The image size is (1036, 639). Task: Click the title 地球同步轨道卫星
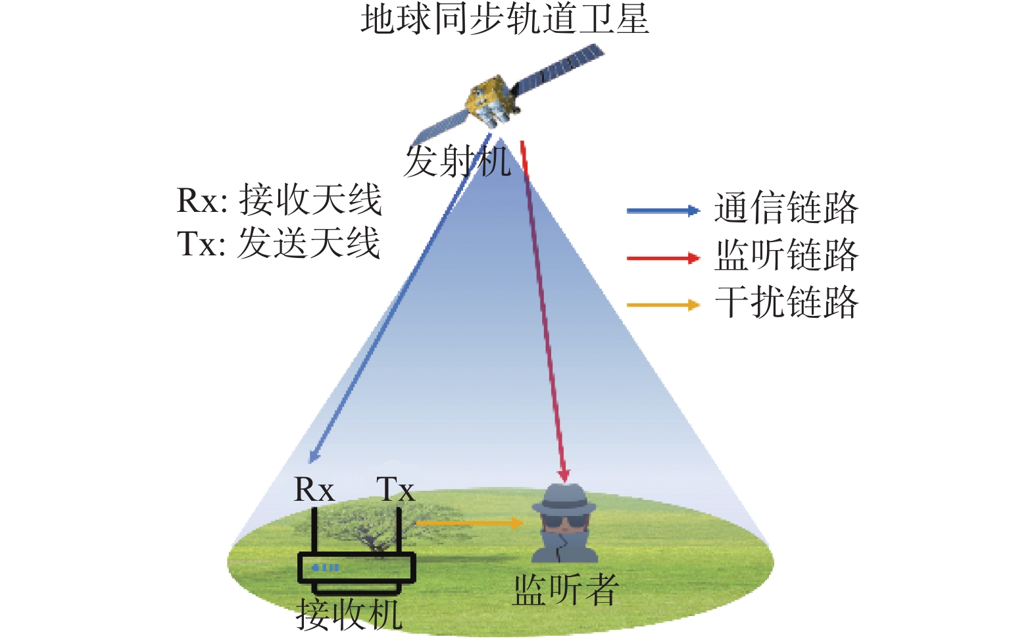click(x=505, y=20)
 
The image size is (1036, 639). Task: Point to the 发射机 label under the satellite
click(x=457, y=161)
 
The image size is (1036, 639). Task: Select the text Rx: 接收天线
click(x=280, y=200)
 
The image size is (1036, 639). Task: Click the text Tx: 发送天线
click(x=278, y=242)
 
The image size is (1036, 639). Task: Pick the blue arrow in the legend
click(x=663, y=211)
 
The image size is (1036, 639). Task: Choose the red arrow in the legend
click(x=663, y=258)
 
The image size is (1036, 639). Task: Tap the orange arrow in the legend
click(x=663, y=305)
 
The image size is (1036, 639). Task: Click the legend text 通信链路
click(x=786, y=208)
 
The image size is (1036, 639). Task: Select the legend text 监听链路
click(x=786, y=255)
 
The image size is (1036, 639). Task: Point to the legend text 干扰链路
click(x=786, y=302)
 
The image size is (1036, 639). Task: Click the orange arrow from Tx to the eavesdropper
click(x=470, y=523)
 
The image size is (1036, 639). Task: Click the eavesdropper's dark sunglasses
click(x=564, y=521)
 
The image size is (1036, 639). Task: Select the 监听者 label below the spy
click(x=566, y=590)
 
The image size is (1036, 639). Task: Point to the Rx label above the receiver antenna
click(x=314, y=489)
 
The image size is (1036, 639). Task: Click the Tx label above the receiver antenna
click(x=395, y=489)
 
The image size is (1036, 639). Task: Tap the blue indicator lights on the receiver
click(x=326, y=568)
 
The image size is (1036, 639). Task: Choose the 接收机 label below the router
click(x=349, y=615)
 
